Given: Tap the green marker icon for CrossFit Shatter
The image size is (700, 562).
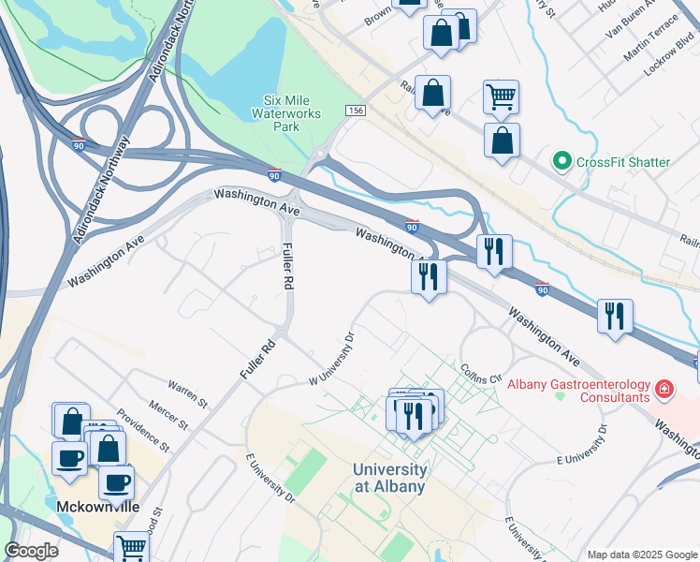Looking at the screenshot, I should [562, 162].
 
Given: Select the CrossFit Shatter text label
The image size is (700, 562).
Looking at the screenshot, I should [623, 162].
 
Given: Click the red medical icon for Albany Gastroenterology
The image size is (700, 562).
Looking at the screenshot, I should [664, 388].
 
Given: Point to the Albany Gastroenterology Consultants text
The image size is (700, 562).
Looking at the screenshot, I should [577, 391].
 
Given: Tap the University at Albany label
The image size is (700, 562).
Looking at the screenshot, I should [389, 478].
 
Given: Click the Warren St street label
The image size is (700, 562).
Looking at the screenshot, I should [188, 392].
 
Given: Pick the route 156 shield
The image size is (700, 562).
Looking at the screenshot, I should [355, 111].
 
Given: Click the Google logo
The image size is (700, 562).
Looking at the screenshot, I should [31, 551].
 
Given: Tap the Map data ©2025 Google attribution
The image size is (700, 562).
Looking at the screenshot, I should [642, 555].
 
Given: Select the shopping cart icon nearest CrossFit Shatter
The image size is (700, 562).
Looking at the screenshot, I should [502, 95].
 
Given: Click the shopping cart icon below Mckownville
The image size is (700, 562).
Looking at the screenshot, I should [132, 547].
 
